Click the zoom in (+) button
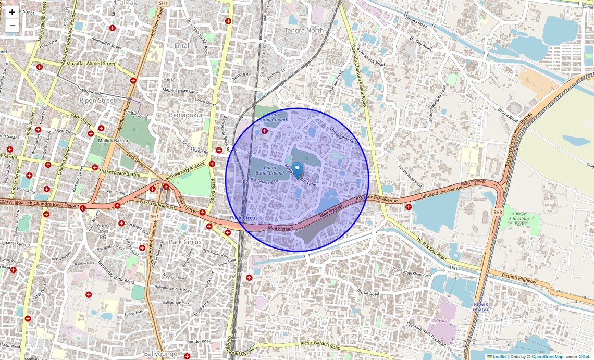12,12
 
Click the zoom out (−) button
12,26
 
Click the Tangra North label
304,31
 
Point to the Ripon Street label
97,100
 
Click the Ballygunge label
158,354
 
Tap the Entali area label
182,46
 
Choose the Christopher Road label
344,134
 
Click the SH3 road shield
498,213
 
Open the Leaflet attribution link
500,357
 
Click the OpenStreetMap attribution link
547,357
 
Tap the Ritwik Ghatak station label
481,306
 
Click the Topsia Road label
368,293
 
